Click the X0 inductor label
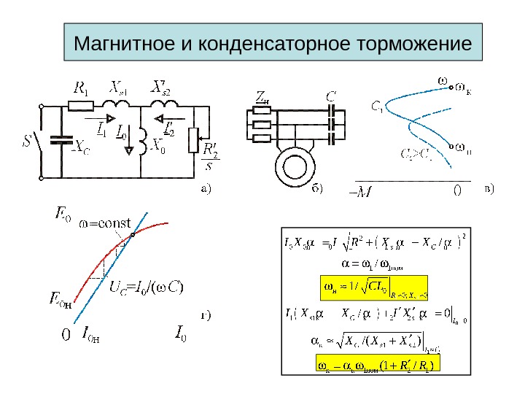point(157,150)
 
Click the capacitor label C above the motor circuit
point(331,96)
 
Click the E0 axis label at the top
point(63,213)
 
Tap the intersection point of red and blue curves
point(133,235)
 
